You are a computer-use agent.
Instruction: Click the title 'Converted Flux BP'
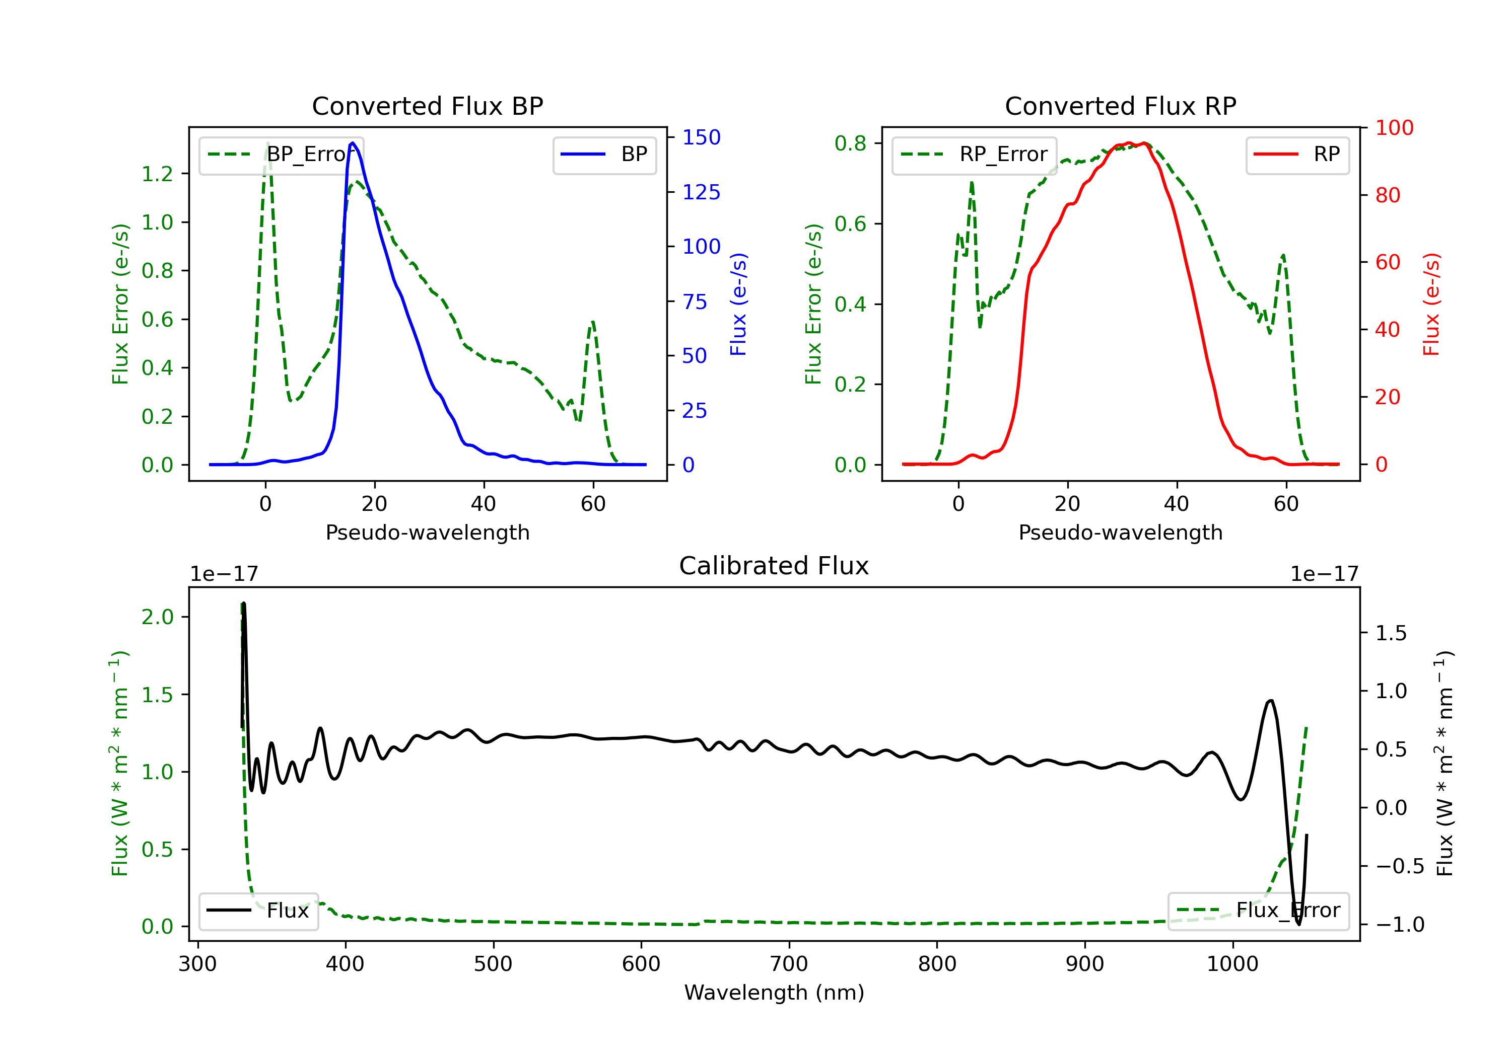(427, 106)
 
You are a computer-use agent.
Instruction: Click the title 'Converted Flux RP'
(1120, 106)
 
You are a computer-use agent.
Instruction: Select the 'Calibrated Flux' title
(774, 566)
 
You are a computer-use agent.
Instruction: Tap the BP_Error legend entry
(281, 155)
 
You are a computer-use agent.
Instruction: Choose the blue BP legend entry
(604, 155)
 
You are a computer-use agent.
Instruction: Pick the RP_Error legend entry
(974, 155)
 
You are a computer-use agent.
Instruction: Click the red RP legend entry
(1297, 155)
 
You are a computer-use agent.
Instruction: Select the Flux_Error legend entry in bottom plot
(1258, 911)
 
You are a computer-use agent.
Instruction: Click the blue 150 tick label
(702, 137)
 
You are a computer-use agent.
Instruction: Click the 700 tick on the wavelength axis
(789, 964)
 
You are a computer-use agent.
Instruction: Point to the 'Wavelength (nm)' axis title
(774, 993)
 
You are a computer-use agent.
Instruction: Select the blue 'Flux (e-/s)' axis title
(738, 305)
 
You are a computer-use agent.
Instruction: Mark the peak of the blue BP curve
(353, 143)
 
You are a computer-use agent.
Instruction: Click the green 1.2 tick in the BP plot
(157, 174)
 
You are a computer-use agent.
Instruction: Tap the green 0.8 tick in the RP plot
(850, 143)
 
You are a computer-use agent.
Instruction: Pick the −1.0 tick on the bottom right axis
(1400, 925)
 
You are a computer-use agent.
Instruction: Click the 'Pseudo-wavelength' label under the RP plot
(1120, 532)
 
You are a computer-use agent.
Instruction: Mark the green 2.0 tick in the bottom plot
(157, 617)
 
